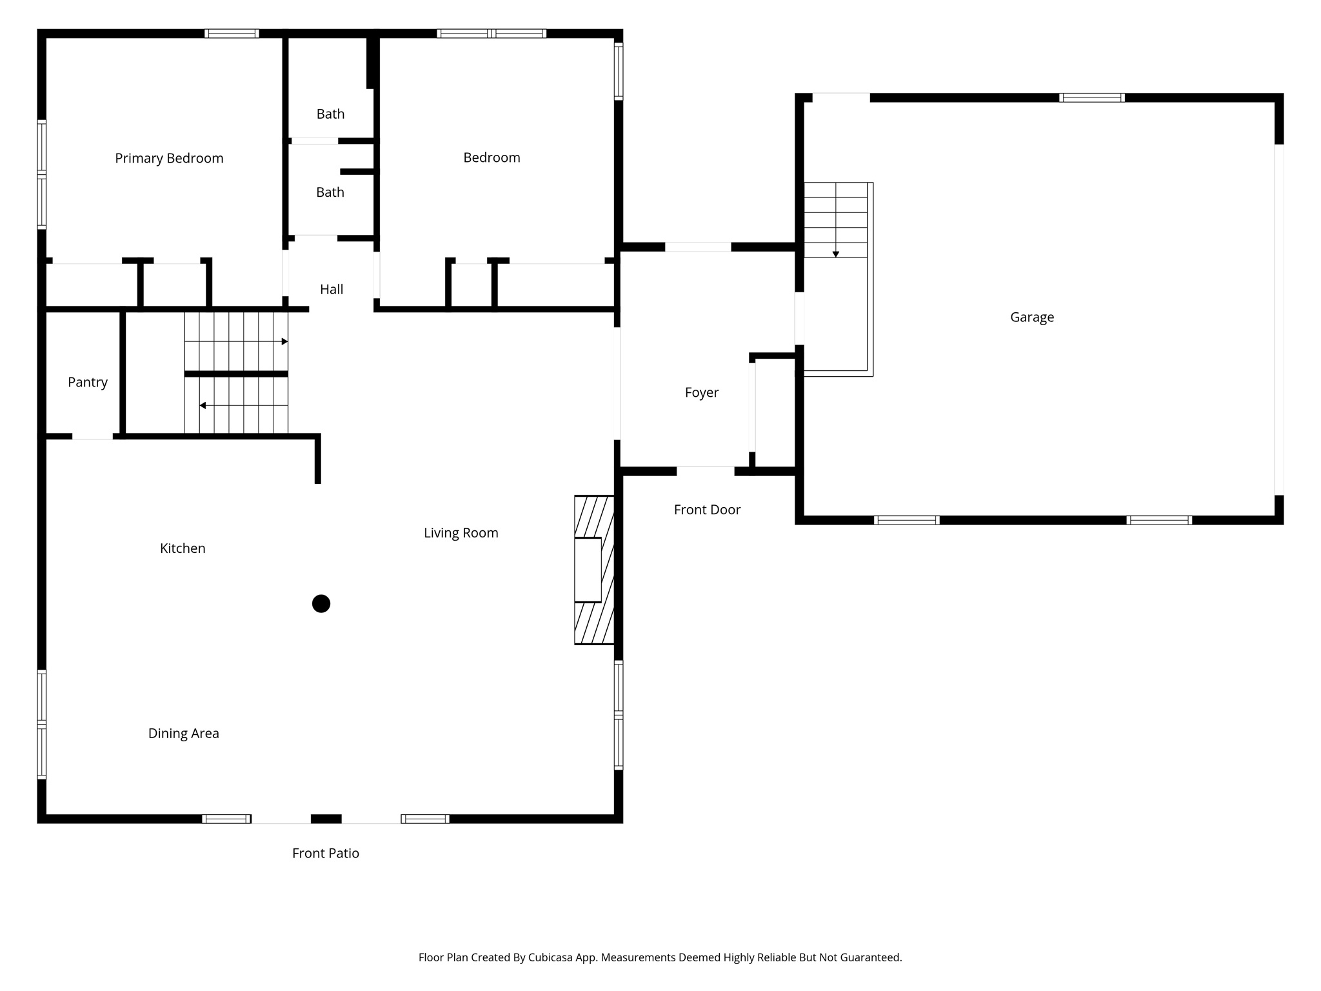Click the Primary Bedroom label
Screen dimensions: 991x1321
[x=169, y=159]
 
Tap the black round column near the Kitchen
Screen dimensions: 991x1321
[x=321, y=604]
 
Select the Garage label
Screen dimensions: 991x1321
[x=1032, y=317]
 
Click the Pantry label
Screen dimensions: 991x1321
[x=88, y=383]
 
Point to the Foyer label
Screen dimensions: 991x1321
[x=702, y=393]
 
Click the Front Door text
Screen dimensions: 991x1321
[x=707, y=510]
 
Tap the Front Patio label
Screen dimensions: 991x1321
[x=326, y=854]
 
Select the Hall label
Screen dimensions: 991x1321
[x=332, y=290]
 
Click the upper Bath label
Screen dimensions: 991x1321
[x=330, y=114]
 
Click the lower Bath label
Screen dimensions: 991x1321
[x=330, y=192]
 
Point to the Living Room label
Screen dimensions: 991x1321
[x=461, y=533]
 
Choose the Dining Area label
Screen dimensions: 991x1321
[x=184, y=734]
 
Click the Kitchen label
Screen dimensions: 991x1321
[x=183, y=548]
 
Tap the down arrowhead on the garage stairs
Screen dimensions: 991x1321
[x=836, y=254]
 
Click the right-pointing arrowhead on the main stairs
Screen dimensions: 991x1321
[x=284, y=341]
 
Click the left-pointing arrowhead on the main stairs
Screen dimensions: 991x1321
[x=203, y=406]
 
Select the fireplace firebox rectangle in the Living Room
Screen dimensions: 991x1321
[x=588, y=570]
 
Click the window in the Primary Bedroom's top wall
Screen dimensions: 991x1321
[x=232, y=34]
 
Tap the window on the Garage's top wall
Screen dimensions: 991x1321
[x=1092, y=98]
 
